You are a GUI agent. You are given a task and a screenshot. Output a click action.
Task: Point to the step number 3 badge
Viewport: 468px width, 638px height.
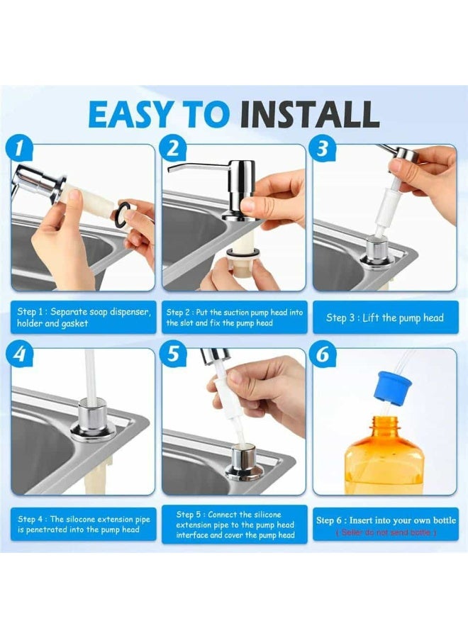[x=323, y=147]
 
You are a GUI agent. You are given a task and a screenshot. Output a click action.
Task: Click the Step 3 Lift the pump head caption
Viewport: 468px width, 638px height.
[x=384, y=318]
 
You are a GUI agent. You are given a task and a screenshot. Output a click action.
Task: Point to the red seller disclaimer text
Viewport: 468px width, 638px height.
[x=386, y=532]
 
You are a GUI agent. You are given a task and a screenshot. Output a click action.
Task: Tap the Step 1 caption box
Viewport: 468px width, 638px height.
[x=83, y=317]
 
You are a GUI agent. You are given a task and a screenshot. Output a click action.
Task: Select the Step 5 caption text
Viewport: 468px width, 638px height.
[x=235, y=525]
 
